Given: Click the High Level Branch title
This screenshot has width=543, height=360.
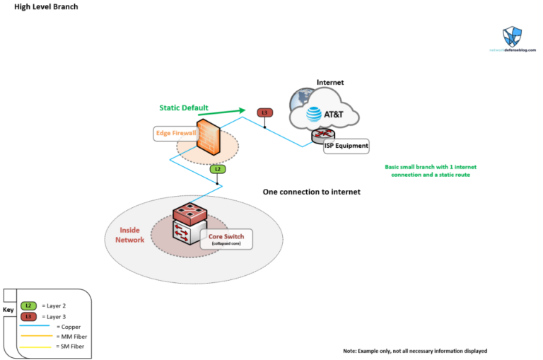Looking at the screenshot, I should click(x=46, y=6).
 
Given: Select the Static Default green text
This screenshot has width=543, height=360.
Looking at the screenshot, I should click(x=183, y=108).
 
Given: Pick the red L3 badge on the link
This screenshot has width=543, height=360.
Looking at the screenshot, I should click(x=264, y=112).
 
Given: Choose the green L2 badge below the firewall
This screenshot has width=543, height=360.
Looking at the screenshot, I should click(x=218, y=169).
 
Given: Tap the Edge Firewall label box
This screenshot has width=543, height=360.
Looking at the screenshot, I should click(x=175, y=133).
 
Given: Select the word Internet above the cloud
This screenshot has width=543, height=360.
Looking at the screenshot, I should click(x=330, y=82).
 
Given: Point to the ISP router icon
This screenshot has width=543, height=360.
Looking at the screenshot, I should click(x=323, y=135).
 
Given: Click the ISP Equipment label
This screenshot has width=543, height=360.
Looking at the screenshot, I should click(x=346, y=146).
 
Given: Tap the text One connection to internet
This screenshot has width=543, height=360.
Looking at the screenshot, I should click(x=311, y=192).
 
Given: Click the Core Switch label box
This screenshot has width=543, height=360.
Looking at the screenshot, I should click(x=226, y=239).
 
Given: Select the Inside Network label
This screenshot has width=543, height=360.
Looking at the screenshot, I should click(x=129, y=235).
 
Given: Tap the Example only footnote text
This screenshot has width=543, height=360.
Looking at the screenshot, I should click(x=415, y=351).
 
